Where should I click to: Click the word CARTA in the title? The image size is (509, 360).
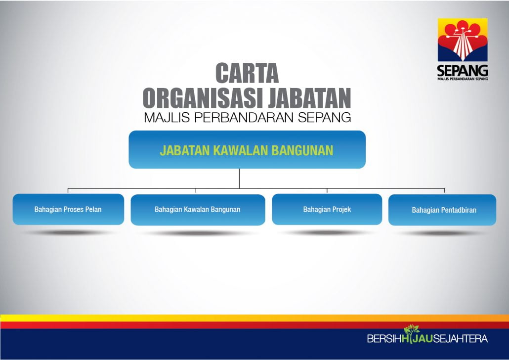247,73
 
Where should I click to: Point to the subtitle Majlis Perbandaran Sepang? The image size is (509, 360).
248,117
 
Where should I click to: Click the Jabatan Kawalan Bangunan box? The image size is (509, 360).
247,149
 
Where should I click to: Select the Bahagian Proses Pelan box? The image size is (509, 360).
68,209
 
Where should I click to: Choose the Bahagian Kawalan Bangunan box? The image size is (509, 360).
198,210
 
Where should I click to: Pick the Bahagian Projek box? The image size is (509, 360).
327,209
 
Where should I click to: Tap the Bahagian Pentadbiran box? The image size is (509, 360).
442,210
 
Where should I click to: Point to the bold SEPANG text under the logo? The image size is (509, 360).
463,71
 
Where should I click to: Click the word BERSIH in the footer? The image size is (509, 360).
384,339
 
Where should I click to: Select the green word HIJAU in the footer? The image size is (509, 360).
417,339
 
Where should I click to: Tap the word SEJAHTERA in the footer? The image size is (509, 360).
460,339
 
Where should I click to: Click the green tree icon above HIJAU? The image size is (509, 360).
411,329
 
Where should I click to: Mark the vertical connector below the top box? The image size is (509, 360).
239,179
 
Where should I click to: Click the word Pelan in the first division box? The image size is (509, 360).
93,209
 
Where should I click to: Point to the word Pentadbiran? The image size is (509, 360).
458,210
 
